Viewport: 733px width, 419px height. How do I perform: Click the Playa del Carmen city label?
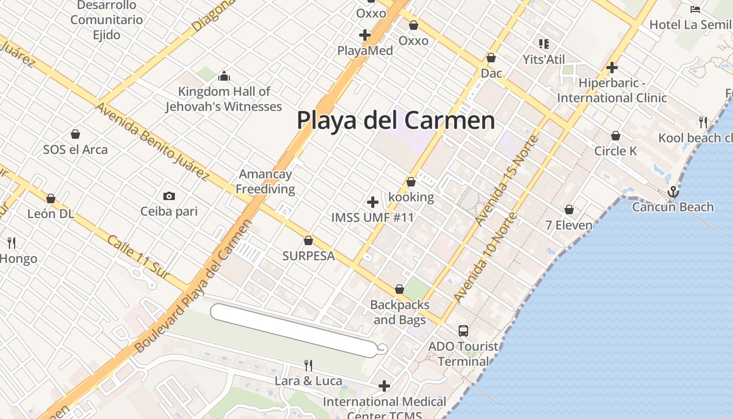click(x=396, y=120)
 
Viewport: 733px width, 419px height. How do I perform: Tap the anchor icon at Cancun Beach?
click(x=673, y=192)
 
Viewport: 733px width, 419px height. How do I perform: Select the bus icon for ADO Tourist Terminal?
click(x=463, y=331)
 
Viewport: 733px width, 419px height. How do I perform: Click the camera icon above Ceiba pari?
click(x=169, y=196)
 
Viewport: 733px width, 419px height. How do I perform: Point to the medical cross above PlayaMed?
click(x=365, y=35)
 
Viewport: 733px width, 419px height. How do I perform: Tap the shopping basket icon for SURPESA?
click(x=308, y=241)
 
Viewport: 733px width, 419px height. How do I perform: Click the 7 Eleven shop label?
click(x=569, y=226)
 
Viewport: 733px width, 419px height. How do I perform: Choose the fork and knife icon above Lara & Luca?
click(x=308, y=365)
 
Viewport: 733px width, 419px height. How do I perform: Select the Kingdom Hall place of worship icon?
click(x=224, y=76)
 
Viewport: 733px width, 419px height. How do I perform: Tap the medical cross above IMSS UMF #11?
click(x=373, y=202)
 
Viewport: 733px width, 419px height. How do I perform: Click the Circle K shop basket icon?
click(x=616, y=136)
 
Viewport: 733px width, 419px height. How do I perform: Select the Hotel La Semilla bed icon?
click(x=695, y=9)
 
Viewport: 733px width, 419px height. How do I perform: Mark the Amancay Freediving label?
click(x=265, y=181)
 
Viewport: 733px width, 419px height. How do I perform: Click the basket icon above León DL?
click(x=51, y=199)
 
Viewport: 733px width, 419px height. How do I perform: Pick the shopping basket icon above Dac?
click(x=491, y=58)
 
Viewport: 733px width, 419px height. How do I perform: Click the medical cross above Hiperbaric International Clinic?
click(x=612, y=68)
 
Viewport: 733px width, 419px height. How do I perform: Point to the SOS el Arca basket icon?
click(x=75, y=135)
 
